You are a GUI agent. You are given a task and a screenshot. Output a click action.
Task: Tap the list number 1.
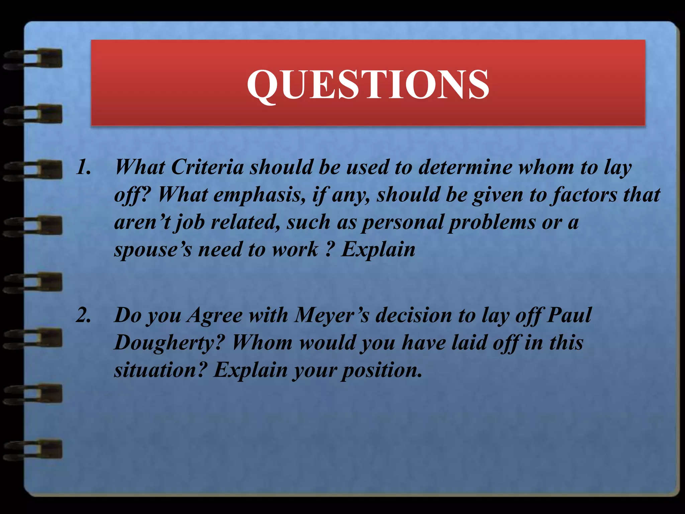pos(83,167)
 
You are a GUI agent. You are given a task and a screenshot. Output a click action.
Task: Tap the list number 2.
pos(83,315)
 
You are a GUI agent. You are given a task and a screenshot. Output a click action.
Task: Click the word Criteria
pos(207,167)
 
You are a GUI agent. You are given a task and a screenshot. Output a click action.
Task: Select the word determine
pos(465,167)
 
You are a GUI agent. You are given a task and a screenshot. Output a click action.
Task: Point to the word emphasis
pos(258,195)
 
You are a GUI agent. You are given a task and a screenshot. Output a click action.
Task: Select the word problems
pos(492,222)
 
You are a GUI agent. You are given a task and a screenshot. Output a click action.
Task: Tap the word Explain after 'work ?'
pos(378,250)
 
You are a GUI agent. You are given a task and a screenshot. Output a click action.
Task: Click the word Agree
pos(214,316)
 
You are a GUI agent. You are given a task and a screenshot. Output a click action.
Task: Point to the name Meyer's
pos(331,315)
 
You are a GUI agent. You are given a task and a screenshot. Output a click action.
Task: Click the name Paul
pos(569,315)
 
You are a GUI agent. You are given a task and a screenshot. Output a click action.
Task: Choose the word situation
pos(159,370)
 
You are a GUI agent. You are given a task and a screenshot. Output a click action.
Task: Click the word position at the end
pos(381,370)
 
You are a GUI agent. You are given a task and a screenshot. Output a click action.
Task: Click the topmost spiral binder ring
pos(33,59)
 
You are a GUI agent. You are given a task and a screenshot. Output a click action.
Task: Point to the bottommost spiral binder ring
pos(33,449)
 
